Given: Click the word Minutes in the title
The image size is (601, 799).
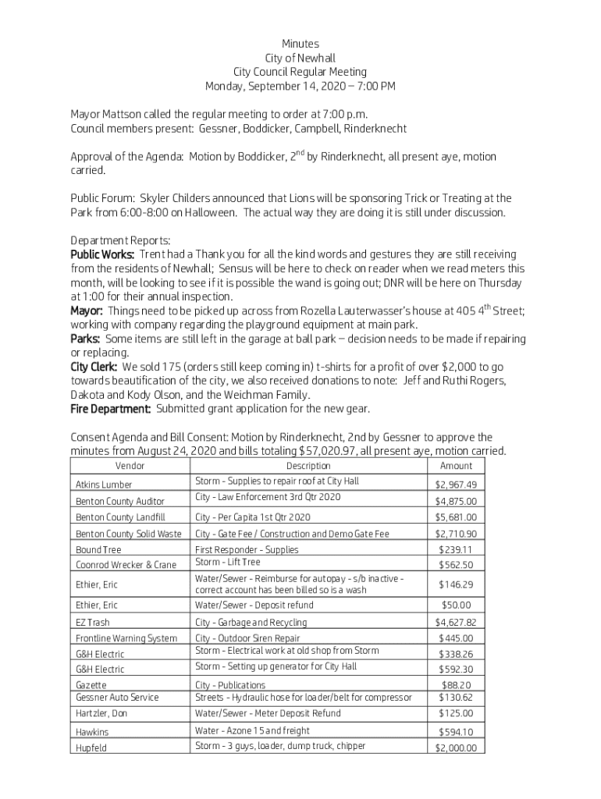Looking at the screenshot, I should coord(300,44).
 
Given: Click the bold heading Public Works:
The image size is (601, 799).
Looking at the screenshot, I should coord(102,254).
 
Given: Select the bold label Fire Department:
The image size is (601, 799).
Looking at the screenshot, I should coord(111,408).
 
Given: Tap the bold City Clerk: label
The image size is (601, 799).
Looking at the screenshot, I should coord(94,366).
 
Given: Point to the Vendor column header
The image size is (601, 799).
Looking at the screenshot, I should coord(130,466).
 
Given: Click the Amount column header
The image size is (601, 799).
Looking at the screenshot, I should coord(456,466).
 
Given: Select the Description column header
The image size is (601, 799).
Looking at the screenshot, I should coord(308,466).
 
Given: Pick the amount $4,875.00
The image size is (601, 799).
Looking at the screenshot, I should coord(456,501).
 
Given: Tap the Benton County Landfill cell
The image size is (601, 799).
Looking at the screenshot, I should coord(120,517).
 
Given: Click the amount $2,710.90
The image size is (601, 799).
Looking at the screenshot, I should coord(456,534).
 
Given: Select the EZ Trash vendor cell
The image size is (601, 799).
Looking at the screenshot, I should coord(93,623).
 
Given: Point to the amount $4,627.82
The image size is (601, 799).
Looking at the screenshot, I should coord(456,623).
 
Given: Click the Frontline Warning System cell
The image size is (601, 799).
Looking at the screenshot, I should coord(126,638).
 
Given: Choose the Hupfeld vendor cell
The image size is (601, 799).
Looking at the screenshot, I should coord(91,748).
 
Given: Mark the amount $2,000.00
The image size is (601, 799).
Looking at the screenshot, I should coord(456,748).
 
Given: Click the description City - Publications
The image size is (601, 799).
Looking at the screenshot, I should coord(230,685).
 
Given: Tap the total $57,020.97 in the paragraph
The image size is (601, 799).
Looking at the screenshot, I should coord(335,451).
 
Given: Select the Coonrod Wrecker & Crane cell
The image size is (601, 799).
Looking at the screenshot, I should coord(126,565).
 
